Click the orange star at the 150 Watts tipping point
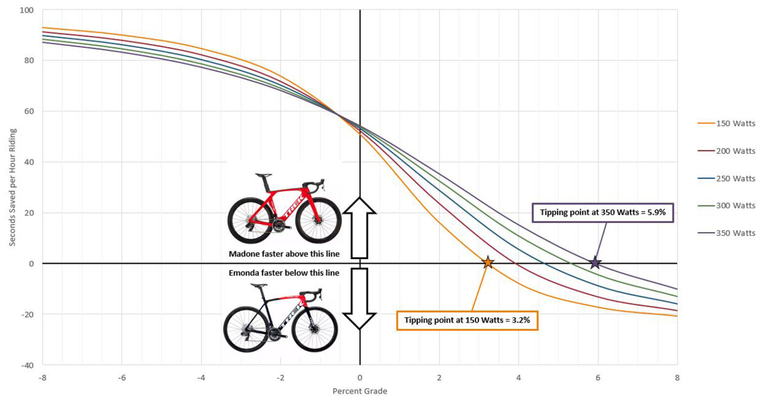[487, 263]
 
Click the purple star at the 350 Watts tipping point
[595, 263]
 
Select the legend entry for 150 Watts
[735, 124]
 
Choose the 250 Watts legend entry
[735, 178]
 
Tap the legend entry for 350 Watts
[735, 233]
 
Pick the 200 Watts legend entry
[735, 151]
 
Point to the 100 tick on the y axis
[26, 10]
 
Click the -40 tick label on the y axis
[27, 365]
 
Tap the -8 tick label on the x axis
[43, 378]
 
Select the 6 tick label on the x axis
[598, 378]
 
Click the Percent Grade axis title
[360, 391]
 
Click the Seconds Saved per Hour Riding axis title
[13, 187]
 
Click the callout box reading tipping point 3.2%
[467, 320]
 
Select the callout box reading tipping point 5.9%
[603, 213]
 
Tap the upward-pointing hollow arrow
[360, 227]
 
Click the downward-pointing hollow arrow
[360, 299]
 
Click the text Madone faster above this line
[284, 254]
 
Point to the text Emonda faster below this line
[284, 273]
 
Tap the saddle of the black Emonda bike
[258, 285]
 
